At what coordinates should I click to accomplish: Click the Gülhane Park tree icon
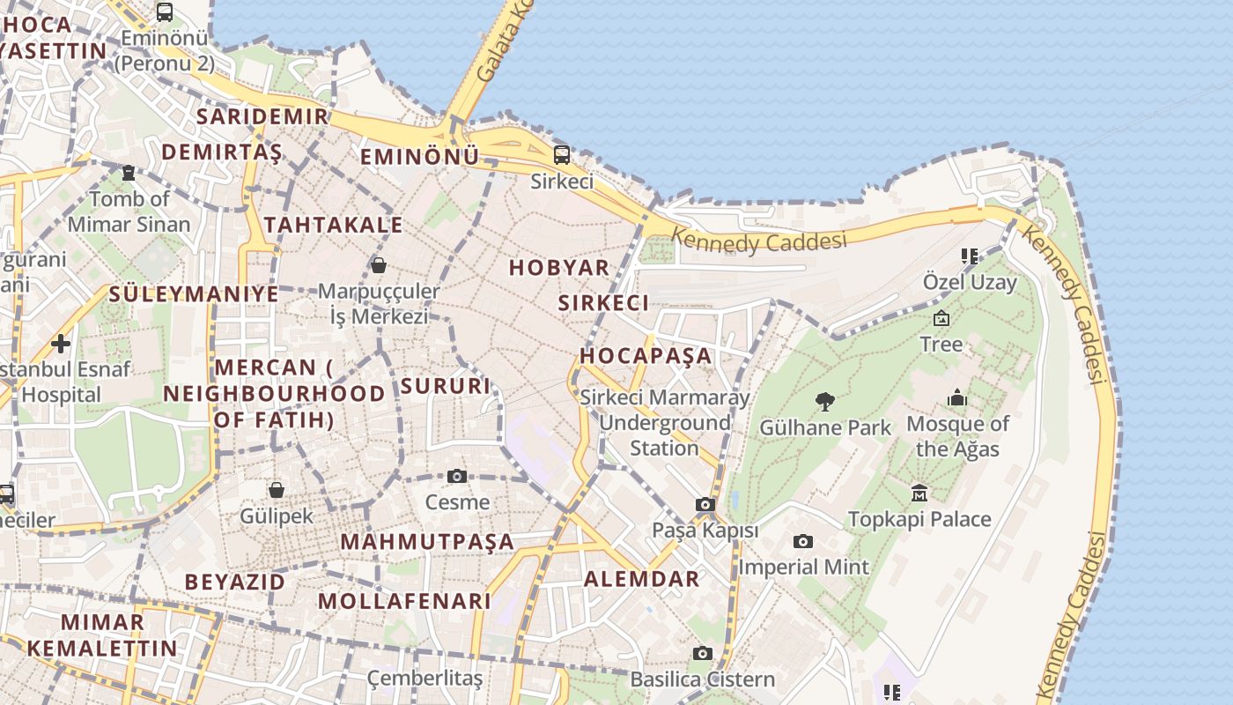(x=825, y=402)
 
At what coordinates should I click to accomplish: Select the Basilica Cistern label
(x=702, y=679)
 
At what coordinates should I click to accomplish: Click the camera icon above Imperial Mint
(x=802, y=541)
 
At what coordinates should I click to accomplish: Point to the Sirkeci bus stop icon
(x=562, y=155)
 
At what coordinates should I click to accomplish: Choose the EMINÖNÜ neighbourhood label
(x=419, y=157)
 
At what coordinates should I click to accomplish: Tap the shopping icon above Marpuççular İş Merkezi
(x=379, y=264)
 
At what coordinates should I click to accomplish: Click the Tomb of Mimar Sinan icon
(x=129, y=173)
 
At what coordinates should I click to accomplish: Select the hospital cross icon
(x=61, y=343)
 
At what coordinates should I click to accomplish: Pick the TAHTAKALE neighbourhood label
(x=333, y=225)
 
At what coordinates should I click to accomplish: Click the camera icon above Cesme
(x=457, y=476)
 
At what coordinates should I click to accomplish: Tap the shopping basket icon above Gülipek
(x=277, y=489)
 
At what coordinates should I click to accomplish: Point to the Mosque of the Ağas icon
(x=957, y=398)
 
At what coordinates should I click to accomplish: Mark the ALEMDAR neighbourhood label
(x=642, y=579)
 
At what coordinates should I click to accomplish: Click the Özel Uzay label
(x=969, y=283)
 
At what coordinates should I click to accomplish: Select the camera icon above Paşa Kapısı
(x=705, y=504)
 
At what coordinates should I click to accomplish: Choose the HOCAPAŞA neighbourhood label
(x=646, y=356)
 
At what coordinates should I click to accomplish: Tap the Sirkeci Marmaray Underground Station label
(x=665, y=423)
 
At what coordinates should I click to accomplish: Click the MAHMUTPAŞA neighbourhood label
(x=427, y=541)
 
